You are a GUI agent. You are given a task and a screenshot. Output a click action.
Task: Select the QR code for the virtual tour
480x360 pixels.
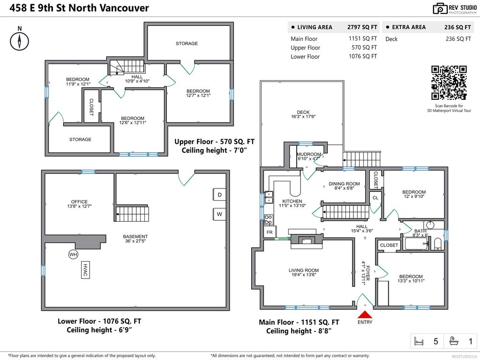[x=449, y=82]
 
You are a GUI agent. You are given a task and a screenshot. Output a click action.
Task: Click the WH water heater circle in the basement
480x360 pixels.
[x=73, y=255]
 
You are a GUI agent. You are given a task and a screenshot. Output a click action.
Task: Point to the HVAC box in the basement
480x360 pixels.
[x=85, y=269]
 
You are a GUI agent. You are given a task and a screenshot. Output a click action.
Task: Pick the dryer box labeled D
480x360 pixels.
[x=219, y=195]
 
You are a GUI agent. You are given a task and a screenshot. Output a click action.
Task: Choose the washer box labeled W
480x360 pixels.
[x=219, y=214]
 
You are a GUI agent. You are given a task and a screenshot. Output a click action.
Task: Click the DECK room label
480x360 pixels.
[x=303, y=112]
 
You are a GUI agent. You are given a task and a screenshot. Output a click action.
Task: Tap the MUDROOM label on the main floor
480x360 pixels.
[x=309, y=154]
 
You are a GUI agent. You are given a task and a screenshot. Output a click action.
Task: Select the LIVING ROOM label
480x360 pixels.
[x=303, y=270]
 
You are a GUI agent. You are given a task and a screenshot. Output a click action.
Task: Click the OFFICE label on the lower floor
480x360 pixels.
[x=79, y=202]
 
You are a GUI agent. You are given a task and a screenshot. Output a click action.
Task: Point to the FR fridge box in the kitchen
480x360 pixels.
[x=270, y=232]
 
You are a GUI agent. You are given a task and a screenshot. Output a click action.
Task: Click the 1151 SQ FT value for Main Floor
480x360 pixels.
[x=362, y=39]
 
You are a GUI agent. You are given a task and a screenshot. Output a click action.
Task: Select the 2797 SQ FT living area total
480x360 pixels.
[x=362, y=27]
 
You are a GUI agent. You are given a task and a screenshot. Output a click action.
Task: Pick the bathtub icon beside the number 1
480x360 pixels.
[x=453, y=341]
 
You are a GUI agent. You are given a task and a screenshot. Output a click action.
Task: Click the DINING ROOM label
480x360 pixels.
[x=344, y=184]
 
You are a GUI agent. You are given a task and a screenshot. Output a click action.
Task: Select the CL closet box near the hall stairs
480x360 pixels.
[x=375, y=198]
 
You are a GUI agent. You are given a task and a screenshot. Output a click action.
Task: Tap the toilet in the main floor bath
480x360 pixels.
[x=438, y=243]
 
